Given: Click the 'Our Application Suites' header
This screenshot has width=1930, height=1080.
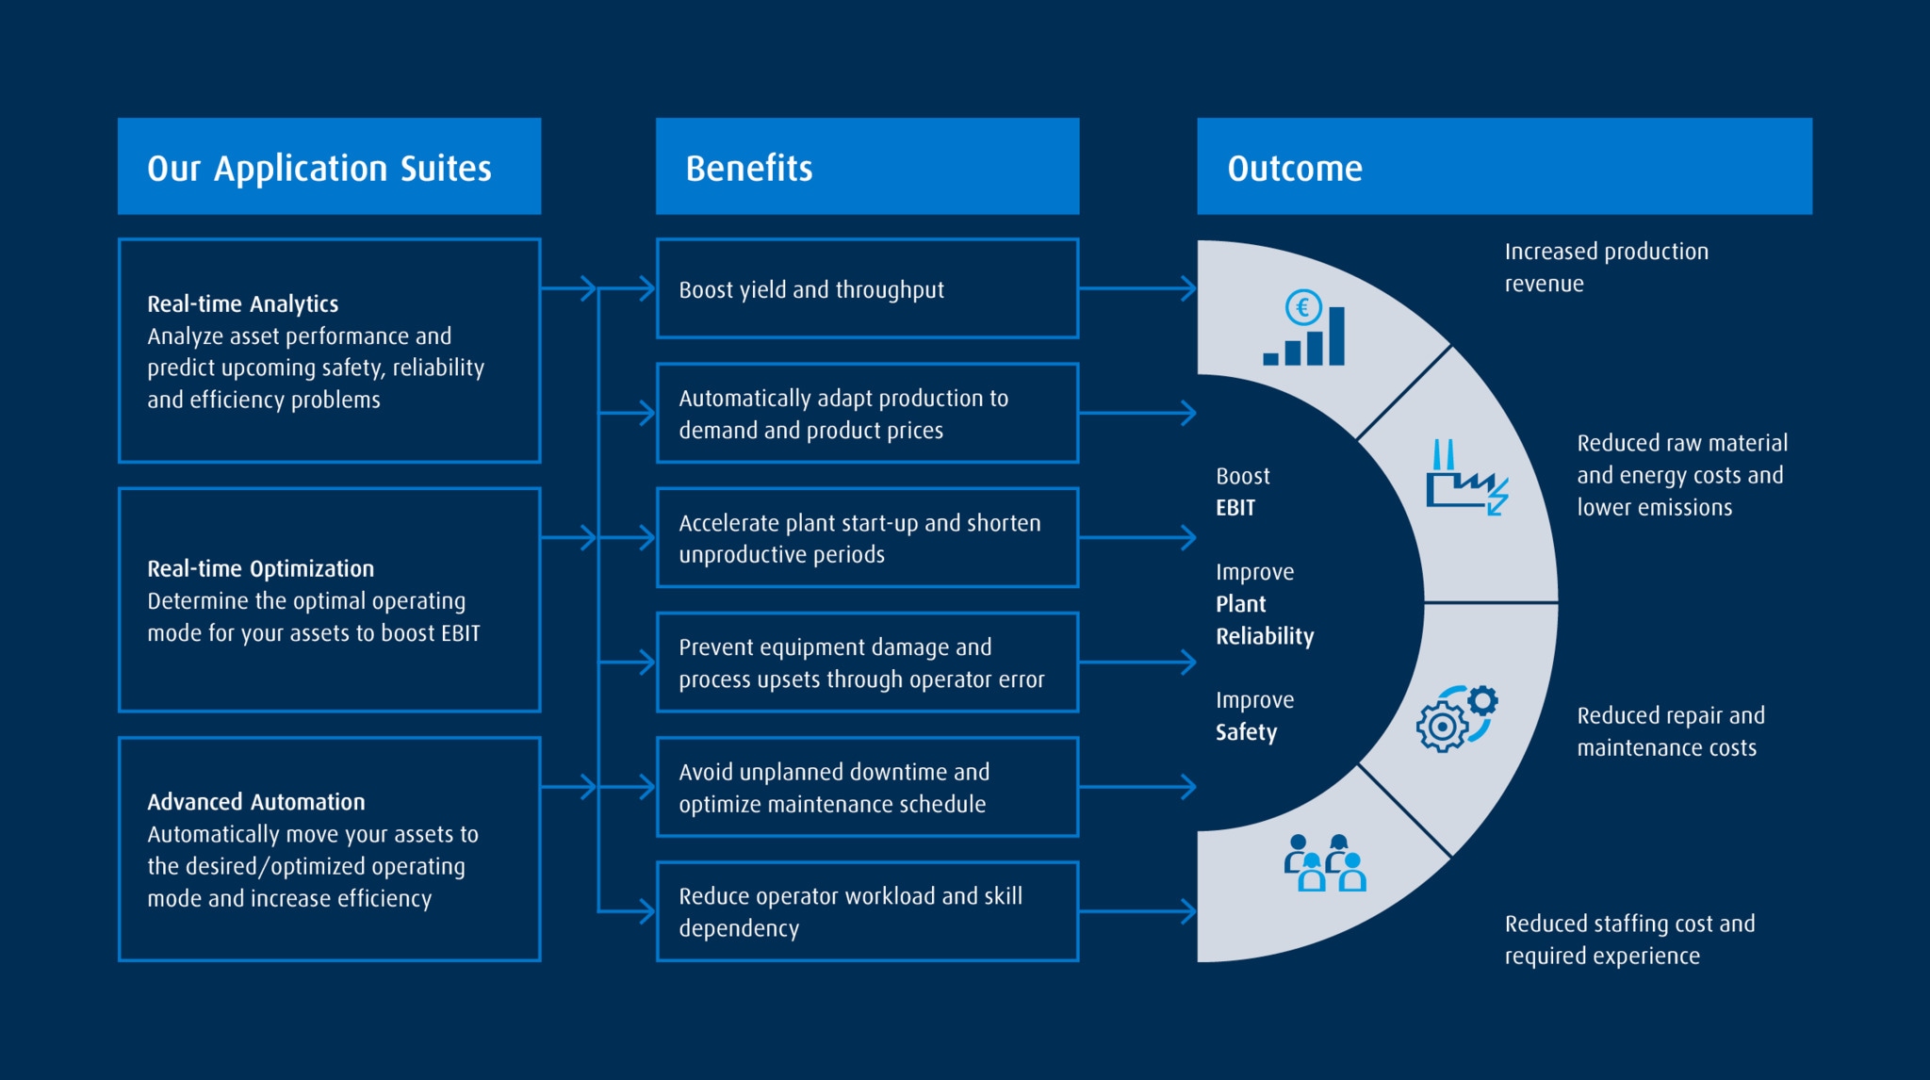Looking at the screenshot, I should [x=329, y=167].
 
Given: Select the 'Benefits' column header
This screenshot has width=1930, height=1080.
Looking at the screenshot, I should [x=867, y=167].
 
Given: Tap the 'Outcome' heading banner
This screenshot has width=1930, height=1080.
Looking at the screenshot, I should [x=1503, y=167].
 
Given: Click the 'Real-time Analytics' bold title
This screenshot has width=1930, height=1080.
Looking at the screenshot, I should [x=242, y=303].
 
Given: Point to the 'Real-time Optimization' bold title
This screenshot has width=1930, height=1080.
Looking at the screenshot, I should [x=260, y=568].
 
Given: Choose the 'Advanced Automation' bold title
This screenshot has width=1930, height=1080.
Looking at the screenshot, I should [x=255, y=802].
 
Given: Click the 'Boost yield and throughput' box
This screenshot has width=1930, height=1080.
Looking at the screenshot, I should [x=867, y=288].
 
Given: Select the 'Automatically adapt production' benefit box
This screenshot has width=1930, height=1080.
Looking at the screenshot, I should [x=867, y=413].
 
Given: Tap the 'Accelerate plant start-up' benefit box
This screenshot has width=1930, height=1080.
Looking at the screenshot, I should [x=867, y=537].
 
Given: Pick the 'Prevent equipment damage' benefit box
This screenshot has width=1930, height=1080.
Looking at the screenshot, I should [x=867, y=663].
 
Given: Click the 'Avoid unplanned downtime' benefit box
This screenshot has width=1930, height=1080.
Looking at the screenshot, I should [x=867, y=787].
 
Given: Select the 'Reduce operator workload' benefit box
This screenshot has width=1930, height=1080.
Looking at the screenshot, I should [x=867, y=911].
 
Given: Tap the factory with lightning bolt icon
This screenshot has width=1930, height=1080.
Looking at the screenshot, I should [x=1465, y=478].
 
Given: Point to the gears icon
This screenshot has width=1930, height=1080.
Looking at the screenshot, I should [x=1456, y=718].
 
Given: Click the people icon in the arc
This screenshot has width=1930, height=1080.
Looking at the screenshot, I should [x=1324, y=862].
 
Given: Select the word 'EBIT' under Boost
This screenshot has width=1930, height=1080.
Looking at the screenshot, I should [x=1235, y=508].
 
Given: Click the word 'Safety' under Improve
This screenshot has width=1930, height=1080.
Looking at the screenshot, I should [x=1246, y=732].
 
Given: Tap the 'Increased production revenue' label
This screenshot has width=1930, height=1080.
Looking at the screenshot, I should [x=1605, y=267].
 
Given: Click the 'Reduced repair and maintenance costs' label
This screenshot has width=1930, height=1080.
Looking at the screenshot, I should [x=1669, y=731].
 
